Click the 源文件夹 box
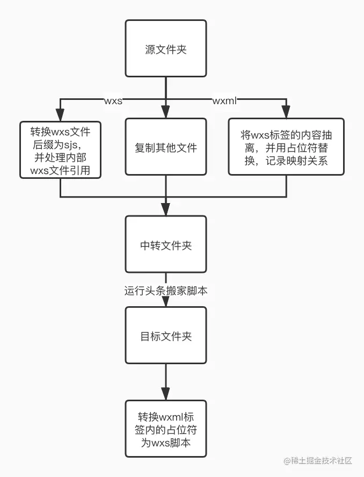(x=165, y=49)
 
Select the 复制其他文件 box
(x=165, y=147)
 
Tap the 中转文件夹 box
(x=165, y=245)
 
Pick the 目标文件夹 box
(x=165, y=336)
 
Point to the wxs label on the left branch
(x=113, y=100)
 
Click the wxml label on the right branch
(x=224, y=100)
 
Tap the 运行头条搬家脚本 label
(x=165, y=291)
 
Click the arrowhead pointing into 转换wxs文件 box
(x=60, y=114)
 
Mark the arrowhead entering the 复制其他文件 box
(x=165, y=113)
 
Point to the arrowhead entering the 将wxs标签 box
(x=286, y=113)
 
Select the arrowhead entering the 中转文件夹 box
(x=165, y=211)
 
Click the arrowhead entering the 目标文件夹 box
(x=165, y=302)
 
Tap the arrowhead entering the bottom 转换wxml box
(x=165, y=395)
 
